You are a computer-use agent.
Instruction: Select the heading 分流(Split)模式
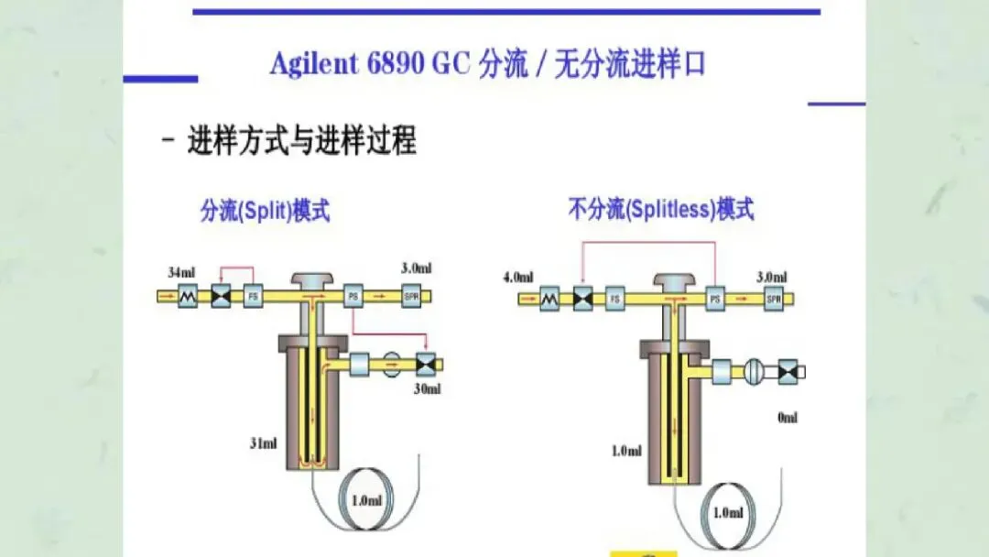pyautogui.click(x=265, y=212)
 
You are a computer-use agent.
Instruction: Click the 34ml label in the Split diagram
pyautogui.click(x=180, y=272)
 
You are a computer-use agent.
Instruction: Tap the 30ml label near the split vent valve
pyautogui.click(x=427, y=388)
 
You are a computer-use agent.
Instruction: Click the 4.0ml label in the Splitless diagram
pyautogui.click(x=518, y=277)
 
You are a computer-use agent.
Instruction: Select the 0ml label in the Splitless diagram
pyautogui.click(x=787, y=418)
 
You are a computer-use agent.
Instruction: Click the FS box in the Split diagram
pyautogui.click(x=253, y=296)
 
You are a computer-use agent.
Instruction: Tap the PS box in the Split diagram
pyautogui.click(x=353, y=296)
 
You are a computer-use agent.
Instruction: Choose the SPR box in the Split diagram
pyautogui.click(x=411, y=296)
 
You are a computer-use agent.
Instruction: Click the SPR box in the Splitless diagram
pyautogui.click(x=773, y=298)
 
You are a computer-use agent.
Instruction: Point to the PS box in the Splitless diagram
pyautogui.click(x=716, y=298)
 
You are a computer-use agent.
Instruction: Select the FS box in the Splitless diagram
pyautogui.click(x=615, y=298)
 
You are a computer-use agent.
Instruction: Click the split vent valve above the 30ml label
pyautogui.click(x=425, y=364)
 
